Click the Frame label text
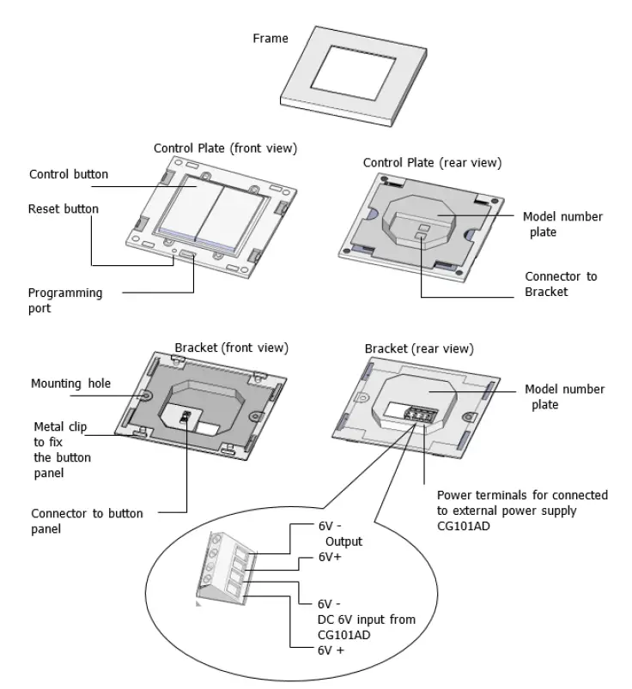270,39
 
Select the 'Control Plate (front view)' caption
225,148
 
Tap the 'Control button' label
69,174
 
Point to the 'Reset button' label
63,209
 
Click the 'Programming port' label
64,299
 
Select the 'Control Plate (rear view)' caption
432,162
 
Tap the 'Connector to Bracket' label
560,284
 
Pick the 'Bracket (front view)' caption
231,348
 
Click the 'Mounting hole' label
70,384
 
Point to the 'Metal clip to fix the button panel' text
61,449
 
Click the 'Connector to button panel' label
87,522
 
